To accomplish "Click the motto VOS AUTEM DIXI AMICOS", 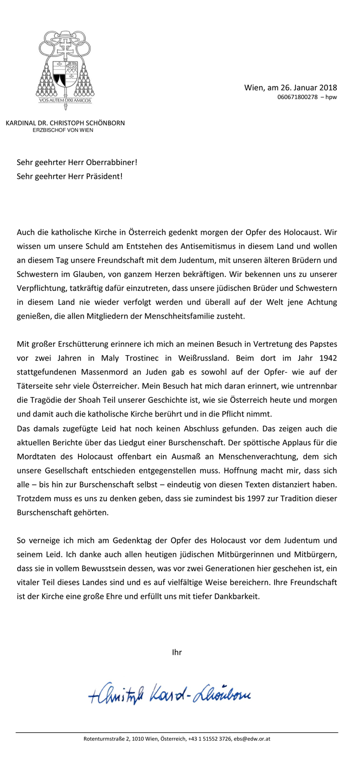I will (65, 101).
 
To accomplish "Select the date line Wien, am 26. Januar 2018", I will (290, 87).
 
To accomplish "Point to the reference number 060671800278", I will (297, 97).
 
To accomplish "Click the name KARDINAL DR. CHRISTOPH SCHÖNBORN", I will (65, 123).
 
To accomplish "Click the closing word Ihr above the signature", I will (177, 653).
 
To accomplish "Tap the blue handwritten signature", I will (172, 690).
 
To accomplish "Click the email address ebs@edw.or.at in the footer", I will (252, 739).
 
